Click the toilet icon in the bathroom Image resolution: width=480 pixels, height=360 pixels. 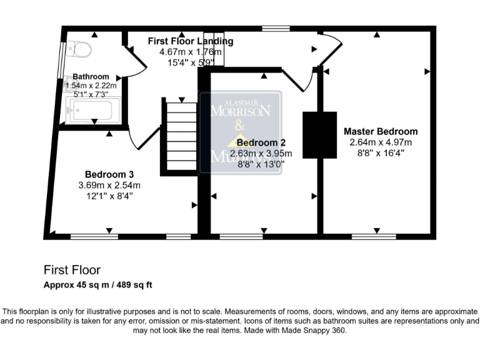[x=81, y=48]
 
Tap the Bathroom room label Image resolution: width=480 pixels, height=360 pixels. [x=91, y=76]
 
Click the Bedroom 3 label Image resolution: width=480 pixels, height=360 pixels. [x=109, y=174]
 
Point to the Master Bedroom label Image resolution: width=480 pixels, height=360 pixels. [x=381, y=131]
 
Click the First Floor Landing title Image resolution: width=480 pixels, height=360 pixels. [x=190, y=41]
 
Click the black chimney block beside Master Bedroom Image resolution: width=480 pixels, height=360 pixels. [x=319, y=135]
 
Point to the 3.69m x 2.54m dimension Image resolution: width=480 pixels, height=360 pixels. [x=109, y=185]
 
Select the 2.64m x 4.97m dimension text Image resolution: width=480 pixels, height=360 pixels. [x=381, y=142]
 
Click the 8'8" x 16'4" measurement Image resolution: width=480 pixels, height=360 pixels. [x=381, y=152]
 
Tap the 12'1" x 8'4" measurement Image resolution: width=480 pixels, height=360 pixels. [x=109, y=196]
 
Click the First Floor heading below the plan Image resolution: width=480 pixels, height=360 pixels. [x=72, y=270]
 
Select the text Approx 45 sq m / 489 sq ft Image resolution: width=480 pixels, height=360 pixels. [x=98, y=285]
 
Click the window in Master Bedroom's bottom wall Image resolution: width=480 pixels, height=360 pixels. [x=374, y=236]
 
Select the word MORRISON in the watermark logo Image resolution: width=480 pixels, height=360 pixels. [x=241, y=111]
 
